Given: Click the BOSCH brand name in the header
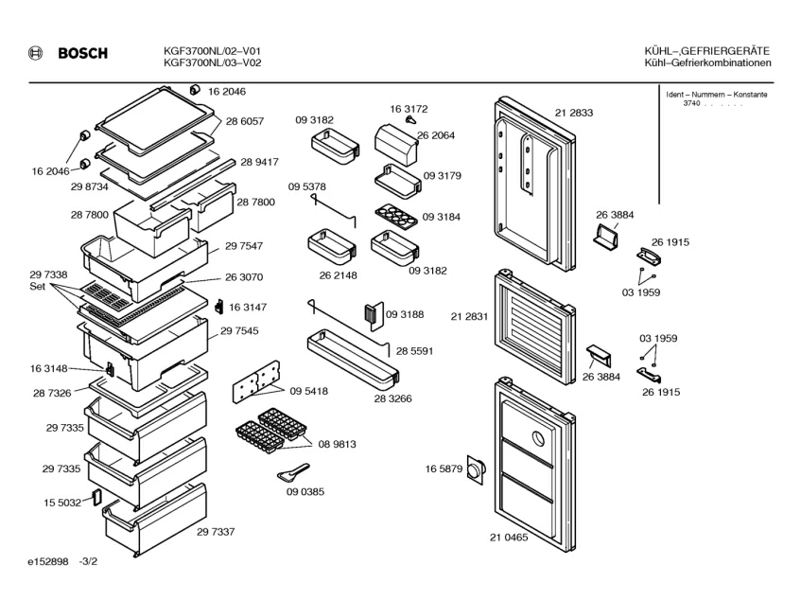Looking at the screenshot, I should tap(82, 53).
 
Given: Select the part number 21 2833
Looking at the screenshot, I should tap(574, 113).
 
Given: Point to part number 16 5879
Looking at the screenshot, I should tap(443, 469).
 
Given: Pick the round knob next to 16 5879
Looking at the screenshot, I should tap(475, 470).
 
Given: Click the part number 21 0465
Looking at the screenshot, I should tap(509, 538).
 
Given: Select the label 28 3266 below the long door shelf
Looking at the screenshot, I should tap(392, 398).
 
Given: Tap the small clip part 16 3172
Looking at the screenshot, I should tap(398, 121).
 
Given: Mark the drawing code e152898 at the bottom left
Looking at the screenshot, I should tap(47, 562).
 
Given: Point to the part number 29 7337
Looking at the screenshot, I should tap(216, 532).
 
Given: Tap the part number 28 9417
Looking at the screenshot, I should tap(259, 162).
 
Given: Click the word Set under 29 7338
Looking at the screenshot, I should tap(37, 287).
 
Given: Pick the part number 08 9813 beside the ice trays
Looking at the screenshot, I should tap(337, 443).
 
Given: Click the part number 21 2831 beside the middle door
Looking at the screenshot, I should tap(469, 317).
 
